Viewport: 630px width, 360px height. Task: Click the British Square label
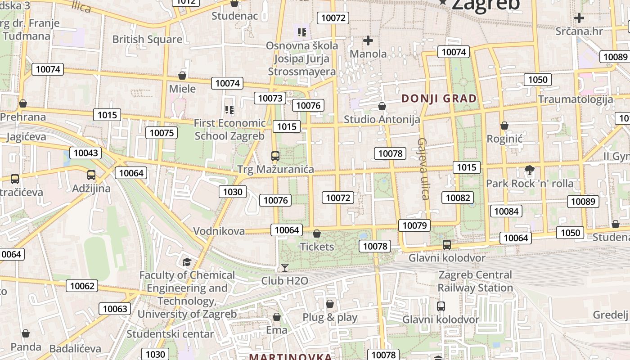(x=147, y=39)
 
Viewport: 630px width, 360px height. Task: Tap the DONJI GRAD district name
(x=439, y=99)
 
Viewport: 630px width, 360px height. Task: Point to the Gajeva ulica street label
(x=423, y=168)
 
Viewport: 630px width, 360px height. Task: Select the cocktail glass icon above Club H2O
(x=285, y=268)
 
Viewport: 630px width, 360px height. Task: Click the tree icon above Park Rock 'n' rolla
(x=530, y=170)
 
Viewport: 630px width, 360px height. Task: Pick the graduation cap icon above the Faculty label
(x=186, y=262)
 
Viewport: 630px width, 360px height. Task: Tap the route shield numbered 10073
(x=270, y=98)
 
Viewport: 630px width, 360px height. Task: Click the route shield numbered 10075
(x=162, y=132)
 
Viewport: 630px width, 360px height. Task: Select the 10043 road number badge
(x=85, y=153)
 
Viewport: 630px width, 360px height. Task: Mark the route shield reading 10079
(x=414, y=225)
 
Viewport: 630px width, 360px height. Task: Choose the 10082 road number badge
(x=458, y=198)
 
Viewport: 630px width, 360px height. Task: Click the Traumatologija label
(x=576, y=99)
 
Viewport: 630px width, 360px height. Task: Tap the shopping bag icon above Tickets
(x=317, y=234)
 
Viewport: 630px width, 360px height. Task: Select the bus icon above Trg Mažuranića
(x=275, y=156)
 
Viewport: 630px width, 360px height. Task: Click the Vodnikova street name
(x=219, y=231)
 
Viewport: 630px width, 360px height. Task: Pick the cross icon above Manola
(x=368, y=40)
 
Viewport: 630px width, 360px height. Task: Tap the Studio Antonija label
(x=382, y=119)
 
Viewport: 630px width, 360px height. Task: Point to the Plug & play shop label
(x=330, y=317)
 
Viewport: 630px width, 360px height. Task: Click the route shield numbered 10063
(x=115, y=309)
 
